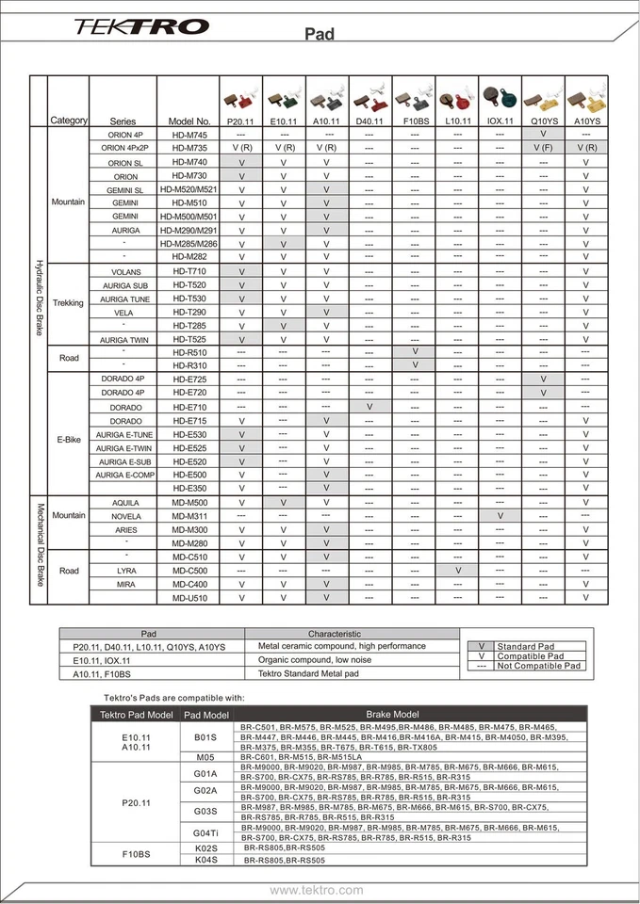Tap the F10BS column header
416,121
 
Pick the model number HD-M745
189,135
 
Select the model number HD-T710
189,271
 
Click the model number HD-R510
189,352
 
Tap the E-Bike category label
69,441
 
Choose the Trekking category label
69,303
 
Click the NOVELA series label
125,516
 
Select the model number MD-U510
189,597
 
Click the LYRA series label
125,571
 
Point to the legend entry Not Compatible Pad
540,666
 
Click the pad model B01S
205,736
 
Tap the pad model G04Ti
205,832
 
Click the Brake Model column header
393,715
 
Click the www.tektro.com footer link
317,890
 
